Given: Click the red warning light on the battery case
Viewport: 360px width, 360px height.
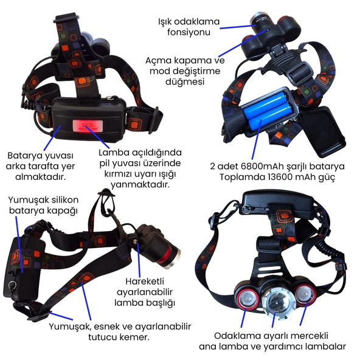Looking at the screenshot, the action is click(88, 126).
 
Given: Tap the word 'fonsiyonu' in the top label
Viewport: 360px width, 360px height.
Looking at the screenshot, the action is click(189, 32).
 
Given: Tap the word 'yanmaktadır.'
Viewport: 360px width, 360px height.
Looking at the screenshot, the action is click(140, 184).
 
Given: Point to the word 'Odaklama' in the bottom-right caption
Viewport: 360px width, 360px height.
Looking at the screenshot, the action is click(237, 336).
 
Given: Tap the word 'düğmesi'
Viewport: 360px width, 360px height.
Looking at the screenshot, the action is click(185, 82).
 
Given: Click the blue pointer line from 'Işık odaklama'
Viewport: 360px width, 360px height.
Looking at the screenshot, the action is click(237, 27).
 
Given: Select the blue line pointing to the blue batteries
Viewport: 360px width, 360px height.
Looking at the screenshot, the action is click(257, 139).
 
